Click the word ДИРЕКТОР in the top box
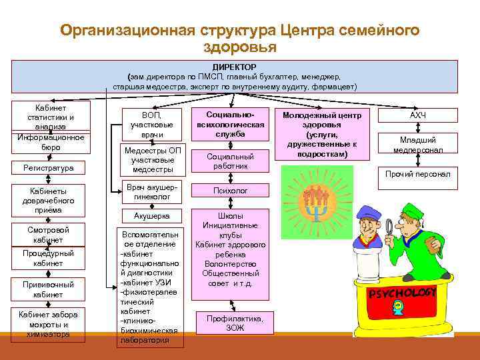pos(239,67)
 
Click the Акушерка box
pos(152,216)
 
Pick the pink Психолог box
pos(230,191)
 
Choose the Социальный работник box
pos(230,161)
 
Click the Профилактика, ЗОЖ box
pos(230,323)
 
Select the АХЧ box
pos(418,116)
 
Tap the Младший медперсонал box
pos(418,145)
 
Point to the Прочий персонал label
pos(418,174)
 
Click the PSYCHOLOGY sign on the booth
pos(402,293)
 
